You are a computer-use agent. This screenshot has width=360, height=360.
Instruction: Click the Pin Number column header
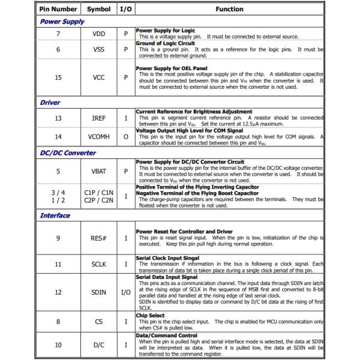click(x=58, y=9)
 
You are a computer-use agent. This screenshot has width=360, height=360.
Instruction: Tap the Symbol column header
click(x=98, y=9)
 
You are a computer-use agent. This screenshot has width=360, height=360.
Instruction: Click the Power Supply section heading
click(x=62, y=22)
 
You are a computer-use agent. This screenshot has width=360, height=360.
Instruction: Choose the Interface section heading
click(x=55, y=215)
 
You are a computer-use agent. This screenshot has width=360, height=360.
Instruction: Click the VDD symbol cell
click(x=98, y=34)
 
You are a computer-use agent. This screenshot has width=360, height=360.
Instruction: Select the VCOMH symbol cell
click(x=98, y=137)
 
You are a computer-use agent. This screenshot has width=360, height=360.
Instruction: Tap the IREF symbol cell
click(x=98, y=118)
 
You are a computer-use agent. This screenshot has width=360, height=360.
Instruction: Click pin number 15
click(x=58, y=77)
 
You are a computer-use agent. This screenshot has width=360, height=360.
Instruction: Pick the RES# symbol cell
click(x=98, y=238)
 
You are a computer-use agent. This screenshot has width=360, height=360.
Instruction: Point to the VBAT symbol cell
click(x=98, y=171)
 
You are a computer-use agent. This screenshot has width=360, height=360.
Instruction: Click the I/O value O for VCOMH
click(x=125, y=137)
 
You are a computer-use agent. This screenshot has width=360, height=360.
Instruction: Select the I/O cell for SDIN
click(x=125, y=292)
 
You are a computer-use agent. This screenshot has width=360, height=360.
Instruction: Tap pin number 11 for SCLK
click(x=58, y=264)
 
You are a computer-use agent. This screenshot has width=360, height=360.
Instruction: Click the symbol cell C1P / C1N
click(x=98, y=193)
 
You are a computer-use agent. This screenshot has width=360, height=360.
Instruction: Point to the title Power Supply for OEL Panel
click(x=172, y=68)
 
